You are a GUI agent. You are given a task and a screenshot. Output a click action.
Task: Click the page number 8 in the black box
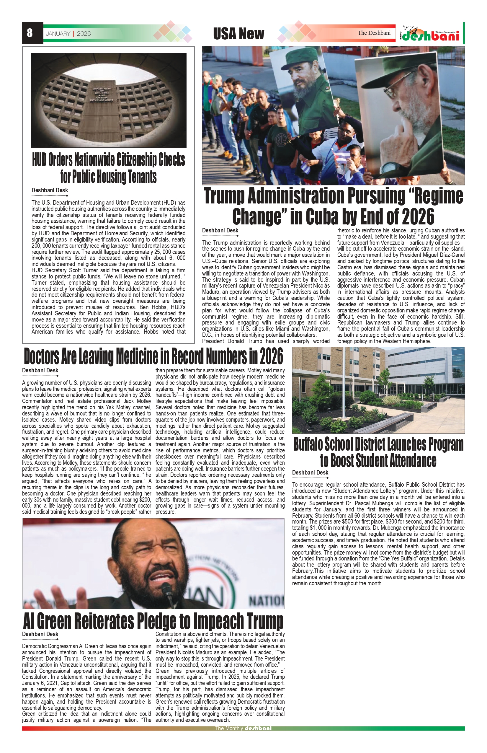[x=30, y=33]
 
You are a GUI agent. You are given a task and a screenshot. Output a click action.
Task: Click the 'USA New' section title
[x=238, y=34]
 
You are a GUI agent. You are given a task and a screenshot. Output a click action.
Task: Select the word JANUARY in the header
[x=58, y=34]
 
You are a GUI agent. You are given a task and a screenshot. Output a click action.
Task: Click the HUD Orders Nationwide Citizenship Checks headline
[x=109, y=168]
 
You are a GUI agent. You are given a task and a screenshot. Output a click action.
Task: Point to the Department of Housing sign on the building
[x=102, y=94]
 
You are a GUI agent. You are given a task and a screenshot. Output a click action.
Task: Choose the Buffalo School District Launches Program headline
[x=378, y=452]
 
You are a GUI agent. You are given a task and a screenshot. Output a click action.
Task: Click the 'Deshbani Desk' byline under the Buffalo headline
[x=310, y=473]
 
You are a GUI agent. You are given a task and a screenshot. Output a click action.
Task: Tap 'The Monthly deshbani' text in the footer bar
[x=243, y=728]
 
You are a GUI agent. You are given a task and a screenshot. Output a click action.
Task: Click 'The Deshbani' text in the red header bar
[x=374, y=33]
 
